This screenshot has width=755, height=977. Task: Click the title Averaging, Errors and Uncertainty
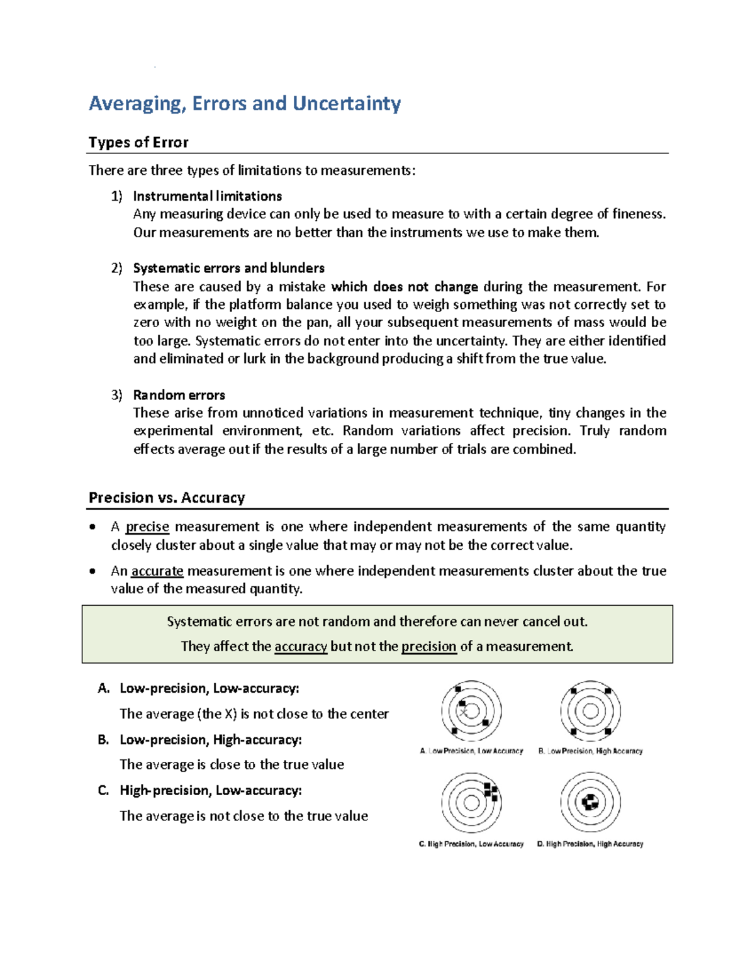245,103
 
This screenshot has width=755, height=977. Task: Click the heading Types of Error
138,142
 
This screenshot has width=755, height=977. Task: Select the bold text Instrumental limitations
207,196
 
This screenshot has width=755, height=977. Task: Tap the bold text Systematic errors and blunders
228,268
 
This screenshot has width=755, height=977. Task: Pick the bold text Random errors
179,395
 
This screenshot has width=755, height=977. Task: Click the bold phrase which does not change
405,287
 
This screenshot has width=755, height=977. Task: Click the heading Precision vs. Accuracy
167,498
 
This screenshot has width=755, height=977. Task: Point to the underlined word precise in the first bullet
147,527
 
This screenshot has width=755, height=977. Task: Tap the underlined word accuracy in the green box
301,647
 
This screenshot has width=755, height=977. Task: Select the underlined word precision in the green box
428,647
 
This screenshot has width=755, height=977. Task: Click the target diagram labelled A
471,711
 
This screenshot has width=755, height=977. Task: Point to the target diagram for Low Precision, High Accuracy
590,711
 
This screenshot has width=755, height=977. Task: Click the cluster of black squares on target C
491,791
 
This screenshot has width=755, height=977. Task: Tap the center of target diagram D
590,802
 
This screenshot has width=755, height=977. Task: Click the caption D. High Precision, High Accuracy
590,844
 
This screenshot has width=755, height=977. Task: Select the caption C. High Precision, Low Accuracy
471,844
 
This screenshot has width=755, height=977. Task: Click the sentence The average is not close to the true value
243,816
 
